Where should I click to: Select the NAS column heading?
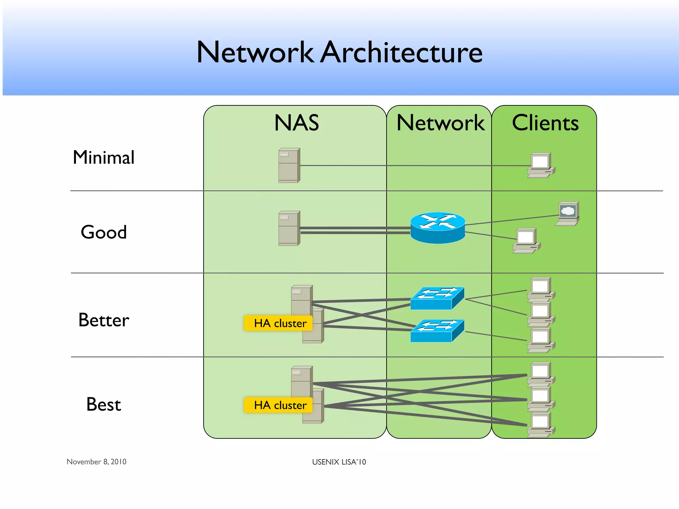[x=296, y=123]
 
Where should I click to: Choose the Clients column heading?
[x=545, y=123]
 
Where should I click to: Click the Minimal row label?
[x=103, y=157]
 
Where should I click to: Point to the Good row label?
[x=103, y=232]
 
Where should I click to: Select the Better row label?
[x=103, y=320]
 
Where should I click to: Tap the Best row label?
[x=103, y=405]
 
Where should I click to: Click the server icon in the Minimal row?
[x=289, y=165]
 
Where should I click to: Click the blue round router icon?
[x=438, y=228]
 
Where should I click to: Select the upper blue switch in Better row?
[x=437, y=298]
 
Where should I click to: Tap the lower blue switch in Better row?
[x=437, y=331]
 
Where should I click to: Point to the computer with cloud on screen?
[x=568, y=213]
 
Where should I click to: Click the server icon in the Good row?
[x=289, y=228]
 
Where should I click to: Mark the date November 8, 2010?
[x=96, y=462]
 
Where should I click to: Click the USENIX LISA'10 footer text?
[x=339, y=462]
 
